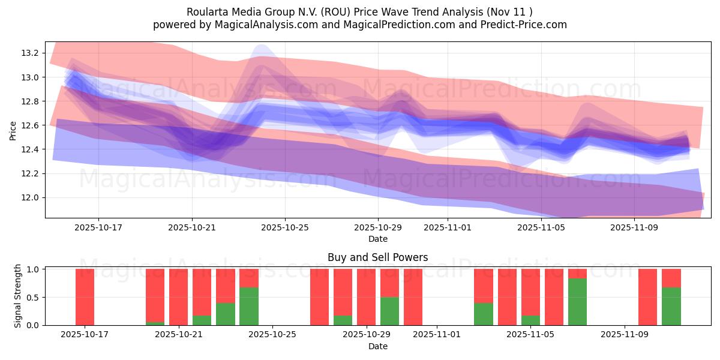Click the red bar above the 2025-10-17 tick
coord(85,297)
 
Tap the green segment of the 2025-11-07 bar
coord(577,302)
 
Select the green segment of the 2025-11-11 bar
coord(671,306)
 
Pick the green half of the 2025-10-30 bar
coord(389,311)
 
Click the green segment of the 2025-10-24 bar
coord(249,306)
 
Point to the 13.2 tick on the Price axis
coord(30,53)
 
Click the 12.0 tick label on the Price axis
coord(30,197)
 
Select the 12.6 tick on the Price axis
coord(30,125)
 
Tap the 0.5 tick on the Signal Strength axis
coord(33,297)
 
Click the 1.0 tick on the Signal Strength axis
coord(33,269)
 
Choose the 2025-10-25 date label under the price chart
coord(285,228)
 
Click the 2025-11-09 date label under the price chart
coord(634,228)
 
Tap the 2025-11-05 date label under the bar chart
coord(531,335)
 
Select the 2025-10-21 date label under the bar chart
coord(179,335)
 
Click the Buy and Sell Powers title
coord(377,257)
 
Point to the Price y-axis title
coord(13,130)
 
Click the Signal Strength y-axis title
coord(18,296)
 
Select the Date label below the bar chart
coord(377,346)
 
